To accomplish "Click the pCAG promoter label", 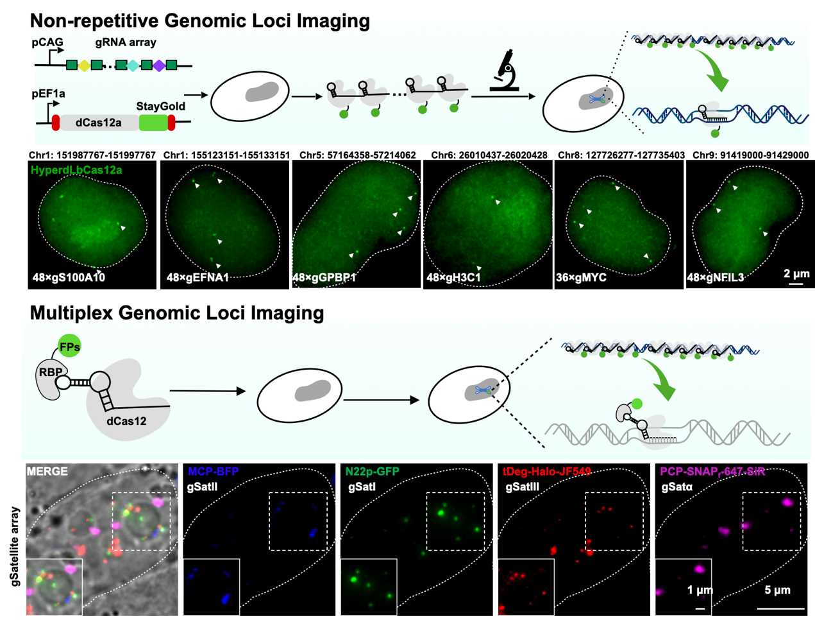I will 47,42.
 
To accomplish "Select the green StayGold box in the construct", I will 153,122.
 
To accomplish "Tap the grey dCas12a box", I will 98,123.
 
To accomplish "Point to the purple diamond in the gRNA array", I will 159,65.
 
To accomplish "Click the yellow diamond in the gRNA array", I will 84,65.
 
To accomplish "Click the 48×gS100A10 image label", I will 69,277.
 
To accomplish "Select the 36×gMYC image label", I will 581,277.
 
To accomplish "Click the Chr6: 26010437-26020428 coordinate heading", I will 489,155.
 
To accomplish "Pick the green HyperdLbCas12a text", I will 76,170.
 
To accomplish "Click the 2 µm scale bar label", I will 796,273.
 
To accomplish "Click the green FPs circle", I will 69,347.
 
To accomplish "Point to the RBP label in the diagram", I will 51,372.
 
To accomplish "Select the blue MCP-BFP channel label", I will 213,472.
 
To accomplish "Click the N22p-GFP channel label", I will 372,472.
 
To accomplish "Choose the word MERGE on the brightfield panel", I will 47,471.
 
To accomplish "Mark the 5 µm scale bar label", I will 777,590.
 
